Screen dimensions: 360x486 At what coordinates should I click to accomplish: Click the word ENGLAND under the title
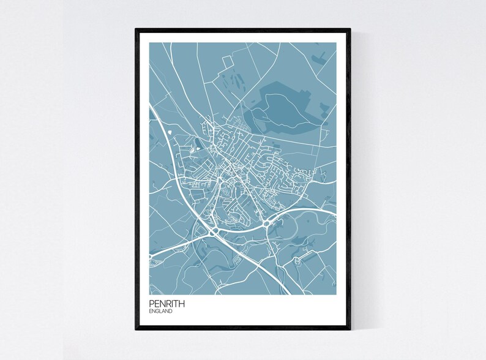click(160, 312)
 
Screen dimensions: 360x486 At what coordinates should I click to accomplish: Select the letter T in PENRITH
click(178, 304)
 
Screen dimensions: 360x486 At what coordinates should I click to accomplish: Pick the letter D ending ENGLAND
click(171, 312)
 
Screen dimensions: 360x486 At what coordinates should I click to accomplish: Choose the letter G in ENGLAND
click(157, 312)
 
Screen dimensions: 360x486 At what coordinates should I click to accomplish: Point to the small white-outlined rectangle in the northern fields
click(228, 60)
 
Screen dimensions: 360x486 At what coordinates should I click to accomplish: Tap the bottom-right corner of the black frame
click(350, 329)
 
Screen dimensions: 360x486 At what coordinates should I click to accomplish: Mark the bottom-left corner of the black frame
click(136, 329)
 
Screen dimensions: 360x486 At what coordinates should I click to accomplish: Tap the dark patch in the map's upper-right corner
click(320, 59)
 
